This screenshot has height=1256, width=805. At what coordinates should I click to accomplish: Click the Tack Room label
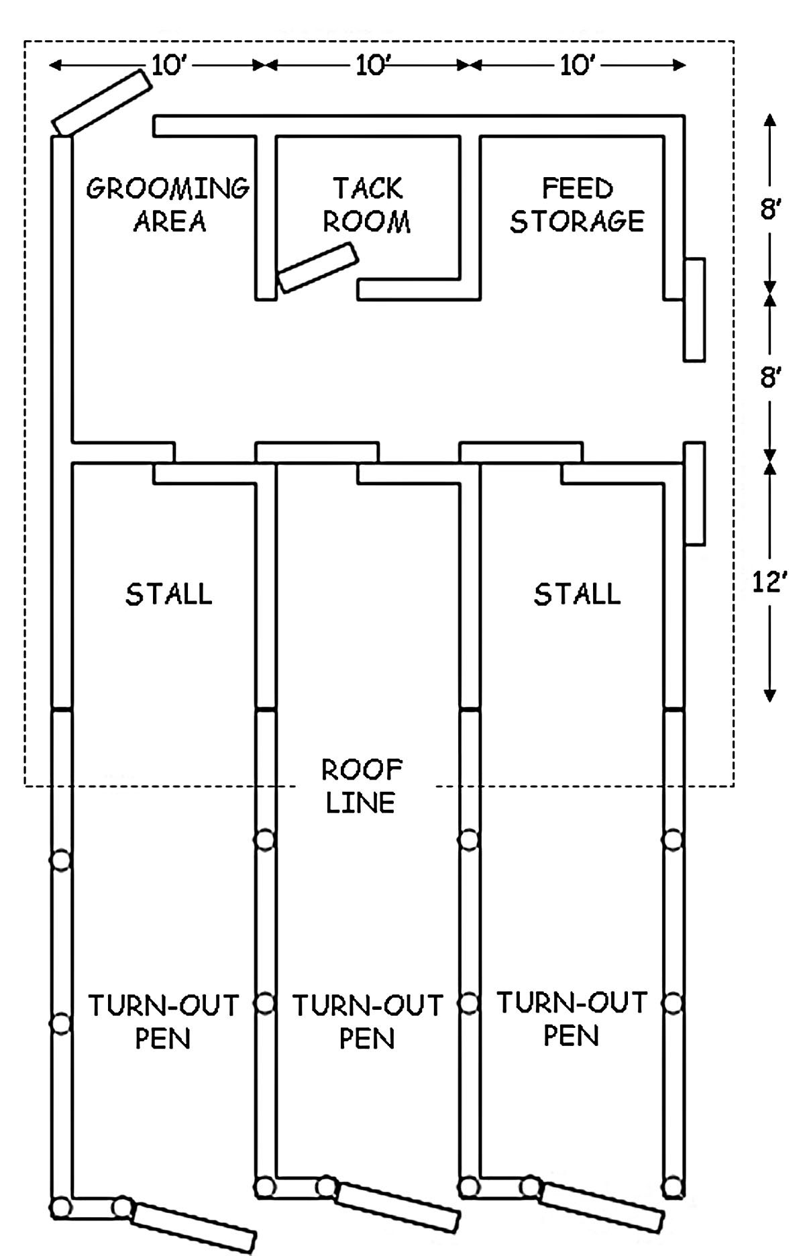click(x=368, y=205)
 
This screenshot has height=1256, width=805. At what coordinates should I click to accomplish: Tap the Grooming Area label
click(x=168, y=205)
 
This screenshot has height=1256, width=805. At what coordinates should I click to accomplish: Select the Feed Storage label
click(x=577, y=205)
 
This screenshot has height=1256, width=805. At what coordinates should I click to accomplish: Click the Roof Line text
click(x=362, y=785)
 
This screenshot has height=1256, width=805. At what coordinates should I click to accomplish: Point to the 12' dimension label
click(x=769, y=582)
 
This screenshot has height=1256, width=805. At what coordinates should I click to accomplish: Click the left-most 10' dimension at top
click(x=168, y=65)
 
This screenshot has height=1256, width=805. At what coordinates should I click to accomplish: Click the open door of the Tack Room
click(x=319, y=268)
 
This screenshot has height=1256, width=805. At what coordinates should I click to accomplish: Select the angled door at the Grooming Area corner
click(x=102, y=102)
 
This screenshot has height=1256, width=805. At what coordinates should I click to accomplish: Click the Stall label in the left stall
click(x=168, y=594)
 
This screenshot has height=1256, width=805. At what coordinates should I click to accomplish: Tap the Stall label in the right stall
click(x=577, y=594)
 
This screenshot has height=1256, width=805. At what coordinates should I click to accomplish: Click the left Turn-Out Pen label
click(x=164, y=1021)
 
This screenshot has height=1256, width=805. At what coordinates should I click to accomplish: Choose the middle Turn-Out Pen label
click(x=368, y=1021)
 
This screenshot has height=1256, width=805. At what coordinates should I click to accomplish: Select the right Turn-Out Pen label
click(x=572, y=1018)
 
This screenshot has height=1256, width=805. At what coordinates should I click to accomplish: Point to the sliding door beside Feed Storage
click(x=694, y=309)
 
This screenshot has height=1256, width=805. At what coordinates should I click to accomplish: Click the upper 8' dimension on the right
click(x=769, y=210)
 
